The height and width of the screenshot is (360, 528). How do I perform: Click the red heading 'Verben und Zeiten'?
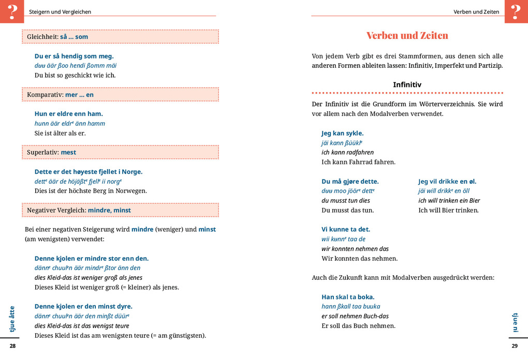[407, 36]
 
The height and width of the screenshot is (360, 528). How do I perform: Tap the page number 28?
[13, 346]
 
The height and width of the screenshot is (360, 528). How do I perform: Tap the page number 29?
[515, 346]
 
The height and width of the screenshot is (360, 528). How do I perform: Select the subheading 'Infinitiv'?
[407, 85]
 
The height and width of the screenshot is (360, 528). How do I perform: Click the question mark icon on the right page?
[516, 11]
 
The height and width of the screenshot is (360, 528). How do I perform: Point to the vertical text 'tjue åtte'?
[12, 319]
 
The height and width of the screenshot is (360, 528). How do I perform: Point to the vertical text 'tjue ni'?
[515, 322]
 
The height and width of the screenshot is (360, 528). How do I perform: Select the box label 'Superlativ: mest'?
[51, 153]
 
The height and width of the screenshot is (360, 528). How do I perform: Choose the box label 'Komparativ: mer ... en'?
[60, 95]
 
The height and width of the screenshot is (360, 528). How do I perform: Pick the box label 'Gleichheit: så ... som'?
[57, 37]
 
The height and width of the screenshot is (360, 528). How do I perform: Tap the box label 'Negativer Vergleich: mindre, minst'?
[79, 211]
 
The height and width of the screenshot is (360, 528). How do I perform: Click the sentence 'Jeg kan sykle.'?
[342, 133]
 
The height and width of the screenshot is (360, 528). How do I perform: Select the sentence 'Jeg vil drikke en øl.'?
[447, 182]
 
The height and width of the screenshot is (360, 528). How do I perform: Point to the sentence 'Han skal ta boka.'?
[348, 297]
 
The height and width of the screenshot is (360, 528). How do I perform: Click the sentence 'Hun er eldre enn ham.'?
[68, 114]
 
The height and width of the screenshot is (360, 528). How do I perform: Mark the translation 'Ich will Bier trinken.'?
[448, 211]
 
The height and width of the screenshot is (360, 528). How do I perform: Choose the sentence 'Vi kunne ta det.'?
[346, 229]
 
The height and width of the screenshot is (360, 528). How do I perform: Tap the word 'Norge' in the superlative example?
[132, 172]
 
